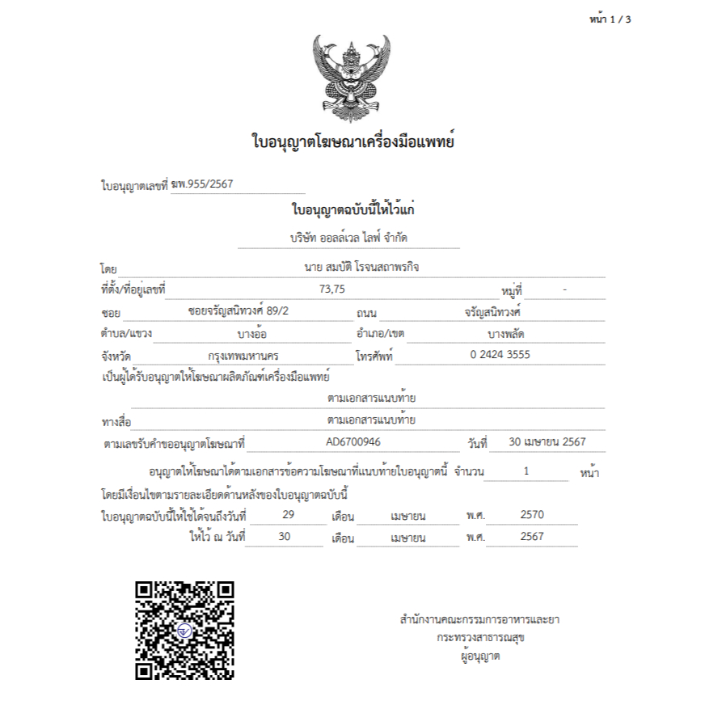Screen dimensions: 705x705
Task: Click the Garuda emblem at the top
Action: tap(351, 78)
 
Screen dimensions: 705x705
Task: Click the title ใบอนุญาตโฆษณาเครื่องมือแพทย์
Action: tap(352, 143)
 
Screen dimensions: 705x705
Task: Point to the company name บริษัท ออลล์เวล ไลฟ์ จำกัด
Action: tap(349, 239)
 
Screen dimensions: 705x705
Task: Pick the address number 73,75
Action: tap(332, 289)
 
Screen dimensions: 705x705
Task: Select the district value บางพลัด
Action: tap(512, 333)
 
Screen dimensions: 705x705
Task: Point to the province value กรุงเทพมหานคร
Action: tap(243, 355)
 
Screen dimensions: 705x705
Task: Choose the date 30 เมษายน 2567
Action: tap(547, 442)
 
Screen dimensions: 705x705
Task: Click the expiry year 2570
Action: tap(532, 514)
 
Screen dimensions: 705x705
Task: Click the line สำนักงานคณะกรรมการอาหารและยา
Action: tap(479, 620)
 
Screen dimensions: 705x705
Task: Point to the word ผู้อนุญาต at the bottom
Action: tap(479, 656)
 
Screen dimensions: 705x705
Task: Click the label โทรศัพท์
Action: tap(374, 356)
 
